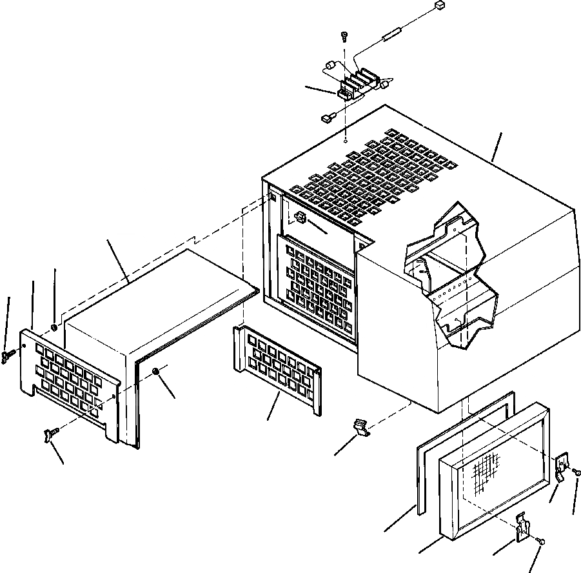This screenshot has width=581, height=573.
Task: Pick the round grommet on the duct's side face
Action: [x=156, y=370]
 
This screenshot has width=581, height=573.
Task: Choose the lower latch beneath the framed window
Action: [x=524, y=527]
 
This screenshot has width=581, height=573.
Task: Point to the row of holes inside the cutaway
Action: [x=458, y=286]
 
